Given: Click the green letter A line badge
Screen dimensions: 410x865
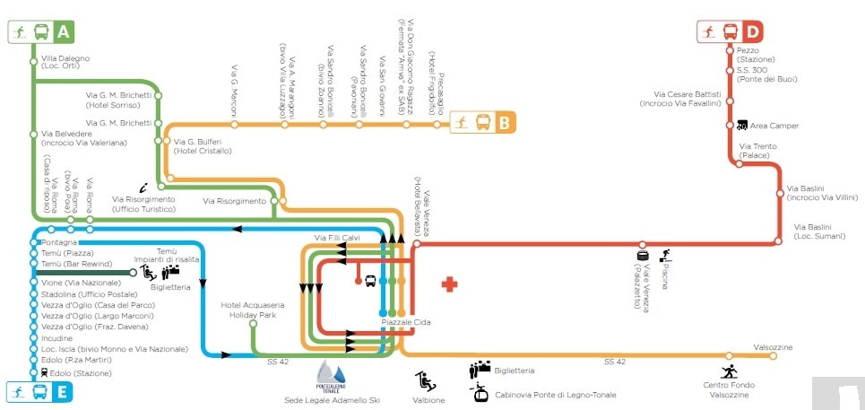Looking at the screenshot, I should click(63, 32).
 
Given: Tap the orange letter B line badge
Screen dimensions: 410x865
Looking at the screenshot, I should click(504, 123).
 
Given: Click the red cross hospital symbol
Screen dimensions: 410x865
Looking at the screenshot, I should click(449, 284).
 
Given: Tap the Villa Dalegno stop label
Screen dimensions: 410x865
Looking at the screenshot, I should click(67, 63).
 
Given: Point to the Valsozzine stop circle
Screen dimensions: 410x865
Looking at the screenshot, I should click(773, 356).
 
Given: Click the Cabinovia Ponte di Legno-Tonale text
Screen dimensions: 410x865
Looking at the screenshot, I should click(554, 394).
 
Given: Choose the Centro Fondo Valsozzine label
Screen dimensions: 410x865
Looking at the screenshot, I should click(729, 389).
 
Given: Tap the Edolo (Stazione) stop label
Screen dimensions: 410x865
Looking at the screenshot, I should click(75, 372).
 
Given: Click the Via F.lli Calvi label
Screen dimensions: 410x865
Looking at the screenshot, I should click(336, 237).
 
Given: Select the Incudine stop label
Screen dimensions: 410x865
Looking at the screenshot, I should click(57, 338).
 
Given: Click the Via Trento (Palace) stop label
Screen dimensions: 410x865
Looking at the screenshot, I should click(758, 150).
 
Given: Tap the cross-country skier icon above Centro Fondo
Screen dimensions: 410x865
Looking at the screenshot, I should click(730, 370).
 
